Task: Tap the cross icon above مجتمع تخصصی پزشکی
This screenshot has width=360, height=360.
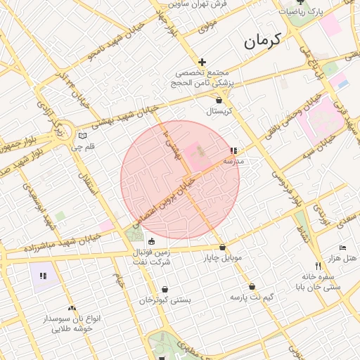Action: click(202, 63)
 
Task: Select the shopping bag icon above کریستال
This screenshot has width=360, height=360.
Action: click(219, 101)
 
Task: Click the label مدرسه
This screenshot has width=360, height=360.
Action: click(233, 161)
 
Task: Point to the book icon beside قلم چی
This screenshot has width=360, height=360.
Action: click(83, 136)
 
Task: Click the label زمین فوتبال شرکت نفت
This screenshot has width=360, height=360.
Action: click(151, 257)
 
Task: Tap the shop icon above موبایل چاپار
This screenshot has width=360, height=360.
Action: click(223, 247)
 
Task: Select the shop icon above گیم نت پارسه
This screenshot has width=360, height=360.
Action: click(252, 287)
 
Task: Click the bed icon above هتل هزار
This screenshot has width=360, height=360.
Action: click(342, 248)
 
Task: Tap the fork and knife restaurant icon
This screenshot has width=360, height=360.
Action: click(318, 266)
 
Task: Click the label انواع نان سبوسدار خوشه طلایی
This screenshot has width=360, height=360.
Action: click(72, 323)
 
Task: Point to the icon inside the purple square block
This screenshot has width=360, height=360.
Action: click(43, 276)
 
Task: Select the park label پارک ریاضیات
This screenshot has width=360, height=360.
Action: click(302, 12)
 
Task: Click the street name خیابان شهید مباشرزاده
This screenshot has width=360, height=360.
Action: click(53, 245)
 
